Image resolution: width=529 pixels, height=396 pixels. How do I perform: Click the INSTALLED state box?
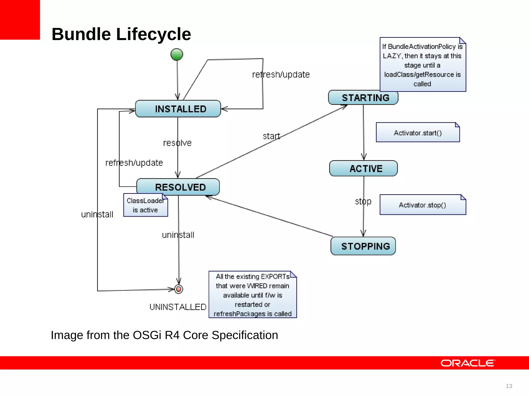click(x=178, y=109)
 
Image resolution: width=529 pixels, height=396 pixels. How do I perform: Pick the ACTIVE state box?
click(x=363, y=168)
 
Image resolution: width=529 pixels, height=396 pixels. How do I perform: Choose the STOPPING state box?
click(x=363, y=246)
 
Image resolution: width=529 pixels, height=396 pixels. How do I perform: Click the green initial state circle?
click(x=177, y=54)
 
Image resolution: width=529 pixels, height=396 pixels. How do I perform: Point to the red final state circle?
click(x=178, y=289)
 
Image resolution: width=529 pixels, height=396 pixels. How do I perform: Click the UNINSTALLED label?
click(x=178, y=307)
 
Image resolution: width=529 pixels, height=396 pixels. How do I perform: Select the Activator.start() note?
click(x=418, y=133)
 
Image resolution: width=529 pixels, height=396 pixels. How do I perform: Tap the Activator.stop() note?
click(x=423, y=205)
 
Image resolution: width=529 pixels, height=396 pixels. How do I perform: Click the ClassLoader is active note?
click(x=145, y=205)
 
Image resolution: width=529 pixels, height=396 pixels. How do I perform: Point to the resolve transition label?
click(x=177, y=143)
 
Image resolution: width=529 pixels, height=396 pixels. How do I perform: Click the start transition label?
click(x=271, y=136)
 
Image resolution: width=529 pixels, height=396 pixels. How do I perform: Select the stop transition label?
click(x=363, y=201)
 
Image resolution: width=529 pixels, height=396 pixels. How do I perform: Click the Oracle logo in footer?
click(x=468, y=363)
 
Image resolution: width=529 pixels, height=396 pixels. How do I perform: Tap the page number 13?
click(x=509, y=386)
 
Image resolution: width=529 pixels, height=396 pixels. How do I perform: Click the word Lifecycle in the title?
click(x=153, y=34)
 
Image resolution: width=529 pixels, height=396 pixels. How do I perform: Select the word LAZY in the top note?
click(x=392, y=56)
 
